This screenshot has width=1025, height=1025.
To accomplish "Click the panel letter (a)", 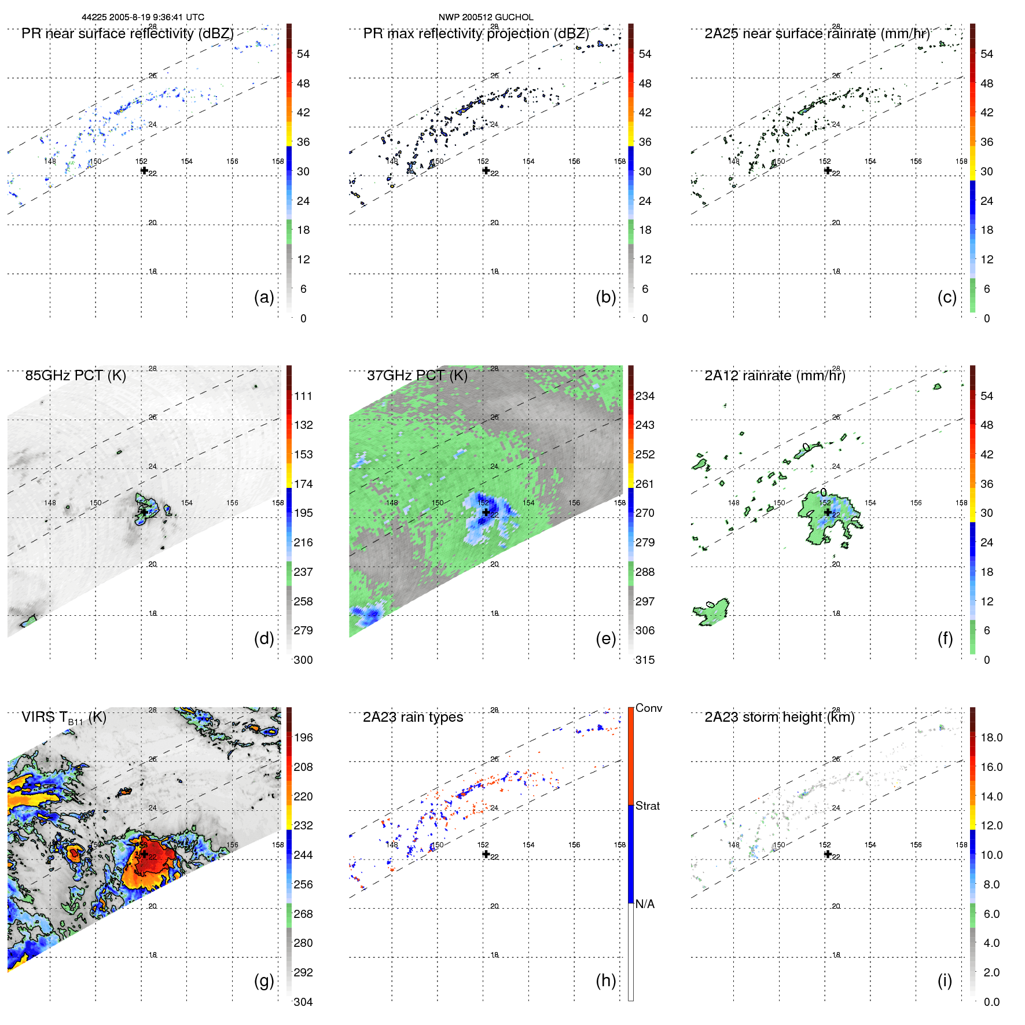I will point(263,297).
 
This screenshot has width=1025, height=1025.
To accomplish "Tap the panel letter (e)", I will point(605,638).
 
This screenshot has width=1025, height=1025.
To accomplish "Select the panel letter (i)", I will point(945,980).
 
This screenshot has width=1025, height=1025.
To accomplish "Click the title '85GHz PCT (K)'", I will point(75,376).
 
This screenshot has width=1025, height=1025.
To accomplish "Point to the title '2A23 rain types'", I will point(413,717).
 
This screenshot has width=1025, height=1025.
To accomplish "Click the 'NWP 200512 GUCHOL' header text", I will point(486,17).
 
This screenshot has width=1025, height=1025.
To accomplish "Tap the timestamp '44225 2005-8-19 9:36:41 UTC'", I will point(143,17).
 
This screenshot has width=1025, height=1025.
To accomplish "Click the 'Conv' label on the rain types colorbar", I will point(648,708).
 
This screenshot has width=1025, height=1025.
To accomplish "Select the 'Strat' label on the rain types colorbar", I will point(647,806).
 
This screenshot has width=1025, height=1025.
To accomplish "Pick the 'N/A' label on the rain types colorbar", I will point(645,904).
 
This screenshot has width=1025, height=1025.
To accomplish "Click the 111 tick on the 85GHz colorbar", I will point(303,396).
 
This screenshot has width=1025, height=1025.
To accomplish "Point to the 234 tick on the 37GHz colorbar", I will point(645,396).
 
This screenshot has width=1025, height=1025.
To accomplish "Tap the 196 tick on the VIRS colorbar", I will point(303,737).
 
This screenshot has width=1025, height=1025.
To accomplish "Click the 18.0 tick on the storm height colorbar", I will point(991,737).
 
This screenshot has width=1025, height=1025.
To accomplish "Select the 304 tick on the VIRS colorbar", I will point(303,1002).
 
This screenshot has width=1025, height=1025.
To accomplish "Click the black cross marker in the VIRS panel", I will point(144,854).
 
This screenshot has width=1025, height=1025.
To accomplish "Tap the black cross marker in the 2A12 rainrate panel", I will point(828,512).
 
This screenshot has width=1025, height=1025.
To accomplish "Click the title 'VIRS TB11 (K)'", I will point(64,718).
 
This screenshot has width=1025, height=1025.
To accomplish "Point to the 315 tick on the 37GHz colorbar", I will point(645,660).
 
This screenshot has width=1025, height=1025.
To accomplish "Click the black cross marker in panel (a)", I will point(144,170).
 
